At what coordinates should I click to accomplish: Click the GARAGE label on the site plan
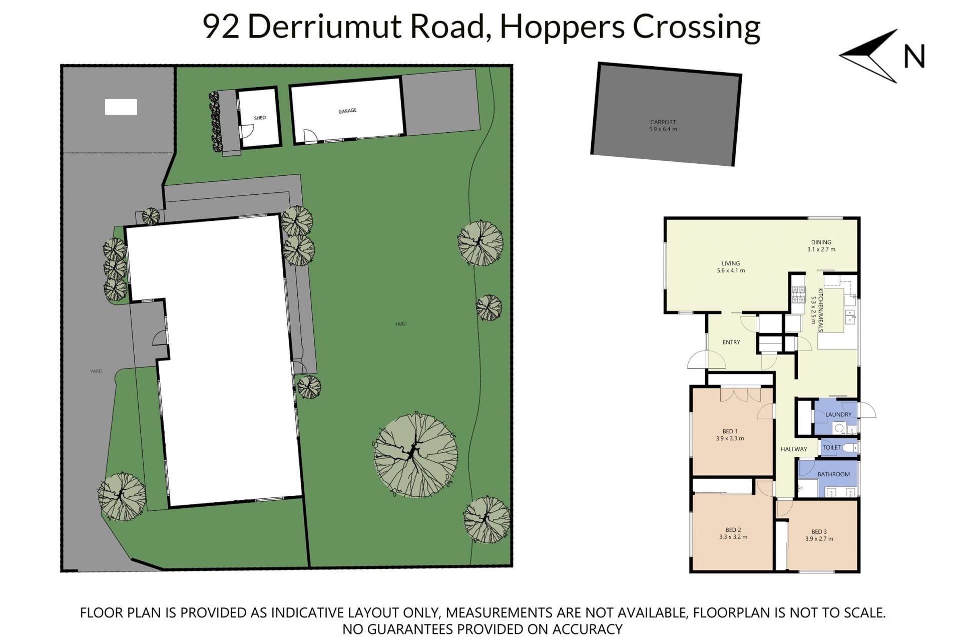(347, 111)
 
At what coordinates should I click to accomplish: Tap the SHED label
(260, 118)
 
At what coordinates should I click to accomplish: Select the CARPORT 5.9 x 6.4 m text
(663, 126)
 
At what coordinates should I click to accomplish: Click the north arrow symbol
(868, 56)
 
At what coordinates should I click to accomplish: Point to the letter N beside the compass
(914, 57)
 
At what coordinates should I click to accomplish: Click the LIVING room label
(731, 267)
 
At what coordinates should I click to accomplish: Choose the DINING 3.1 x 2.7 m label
(821, 246)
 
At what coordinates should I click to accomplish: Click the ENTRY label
(731, 342)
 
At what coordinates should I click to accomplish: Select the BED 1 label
(730, 435)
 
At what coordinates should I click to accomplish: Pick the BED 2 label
(733, 533)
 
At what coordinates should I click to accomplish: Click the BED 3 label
(819, 535)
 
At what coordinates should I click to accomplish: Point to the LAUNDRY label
(838, 415)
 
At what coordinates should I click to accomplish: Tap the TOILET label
(832, 448)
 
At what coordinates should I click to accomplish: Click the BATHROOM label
(834, 474)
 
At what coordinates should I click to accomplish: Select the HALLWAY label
(794, 449)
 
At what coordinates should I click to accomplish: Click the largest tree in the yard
(416, 455)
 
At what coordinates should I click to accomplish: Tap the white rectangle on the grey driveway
(121, 107)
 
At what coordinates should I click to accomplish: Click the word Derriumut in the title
(324, 27)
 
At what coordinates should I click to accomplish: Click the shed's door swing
(247, 131)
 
